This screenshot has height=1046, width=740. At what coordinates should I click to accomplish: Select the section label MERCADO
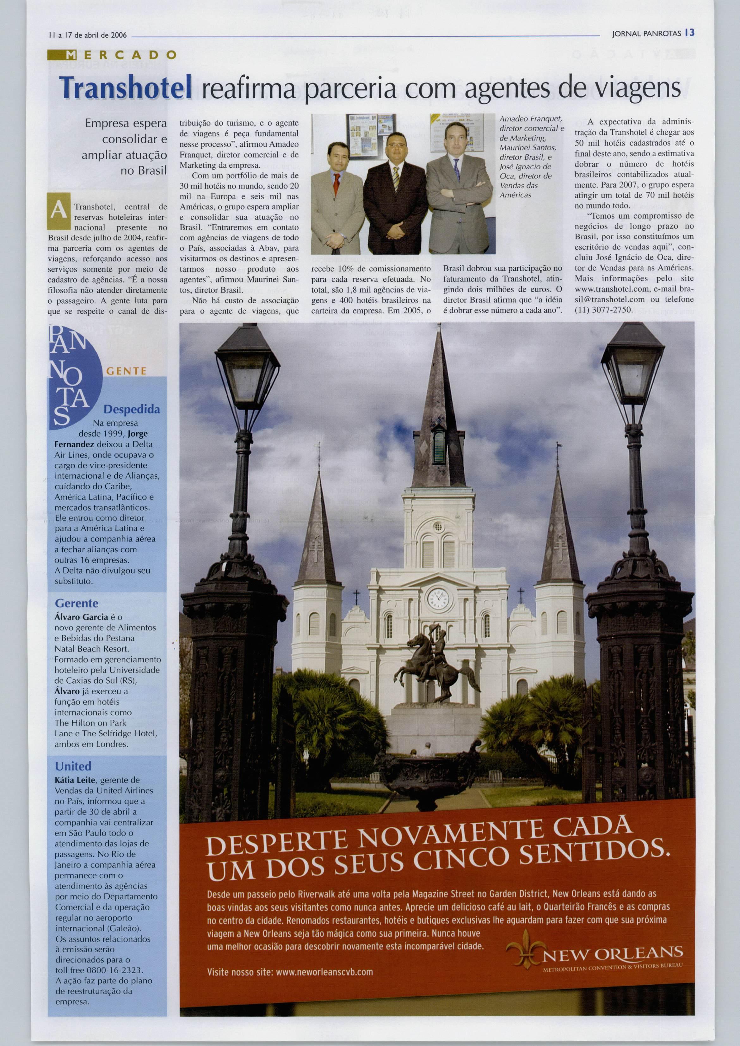tap(112, 56)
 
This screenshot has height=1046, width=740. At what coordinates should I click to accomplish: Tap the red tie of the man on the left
tap(336, 182)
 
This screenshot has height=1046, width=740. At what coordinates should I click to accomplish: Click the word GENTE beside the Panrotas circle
tap(126, 371)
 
